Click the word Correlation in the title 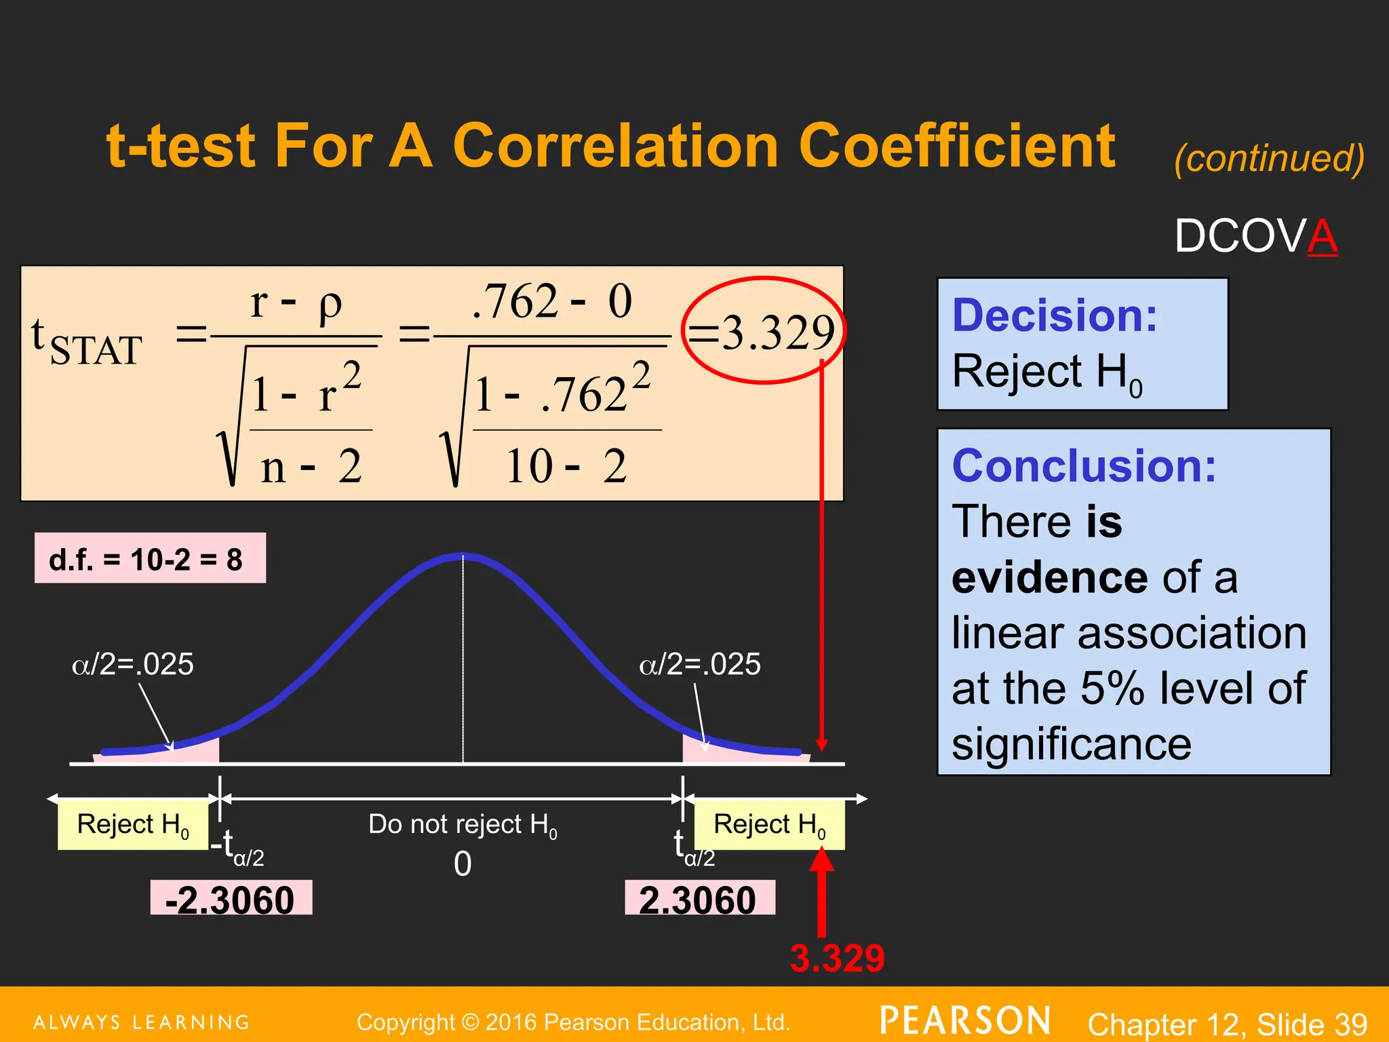click(x=615, y=146)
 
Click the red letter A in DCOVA click(x=1322, y=237)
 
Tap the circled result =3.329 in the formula click(x=763, y=332)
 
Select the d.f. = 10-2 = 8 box click(x=150, y=559)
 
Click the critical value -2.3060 click(x=231, y=900)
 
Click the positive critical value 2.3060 click(x=699, y=900)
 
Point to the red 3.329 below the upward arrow click(x=837, y=959)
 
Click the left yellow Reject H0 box click(x=133, y=825)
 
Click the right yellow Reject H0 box click(x=769, y=825)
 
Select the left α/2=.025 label click(x=133, y=663)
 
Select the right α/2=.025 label click(x=699, y=663)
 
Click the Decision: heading click(x=1054, y=315)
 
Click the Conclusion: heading click(x=1084, y=466)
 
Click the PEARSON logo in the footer click(x=964, y=1021)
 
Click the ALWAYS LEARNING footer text click(x=142, y=1022)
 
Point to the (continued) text click(x=1268, y=158)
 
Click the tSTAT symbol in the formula click(x=86, y=343)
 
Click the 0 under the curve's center click(x=463, y=864)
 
